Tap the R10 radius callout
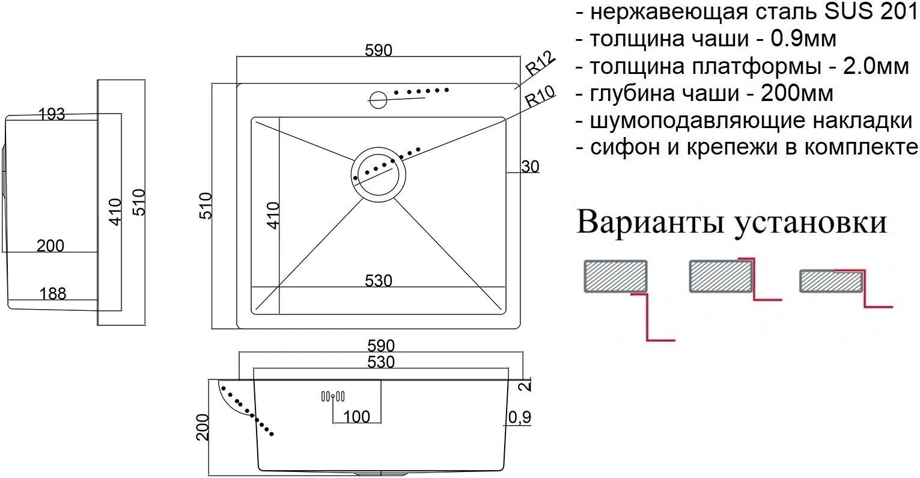539,97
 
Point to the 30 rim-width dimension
530,167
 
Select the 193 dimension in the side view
52,114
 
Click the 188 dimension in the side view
52,293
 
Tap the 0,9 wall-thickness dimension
519,416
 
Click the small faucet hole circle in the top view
378,98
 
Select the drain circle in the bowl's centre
379,174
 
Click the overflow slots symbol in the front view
332,396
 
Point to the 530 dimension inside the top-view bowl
379,281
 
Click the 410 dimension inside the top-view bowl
273,215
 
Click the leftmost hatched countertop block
615,276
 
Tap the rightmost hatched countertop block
832,281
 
